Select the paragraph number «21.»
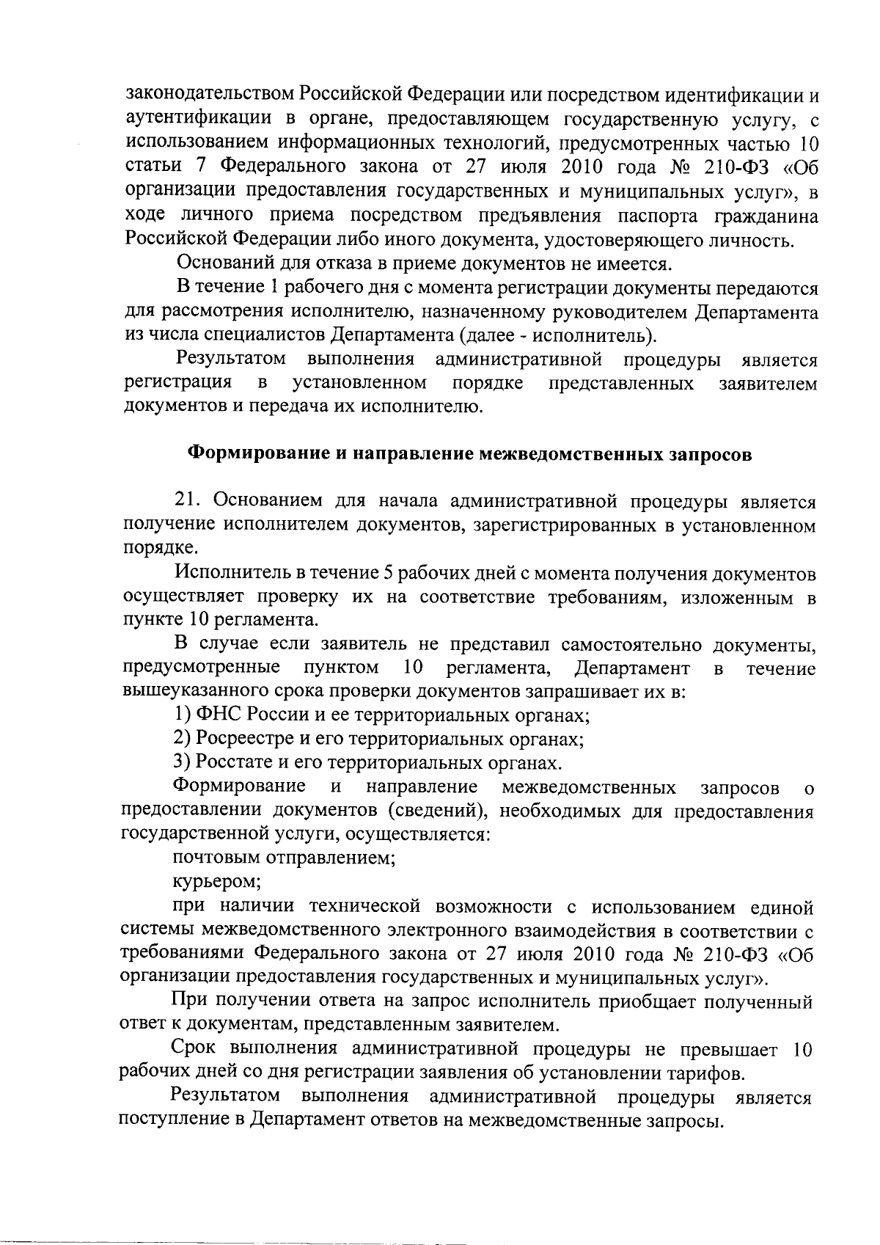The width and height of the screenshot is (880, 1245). point(188,501)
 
